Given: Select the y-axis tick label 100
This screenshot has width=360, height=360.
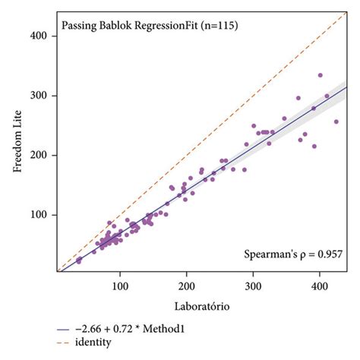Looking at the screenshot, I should [x=43, y=215].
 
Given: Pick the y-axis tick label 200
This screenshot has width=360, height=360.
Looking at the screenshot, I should [x=43, y=156].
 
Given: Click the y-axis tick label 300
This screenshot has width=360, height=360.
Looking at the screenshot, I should [x=43, y=96].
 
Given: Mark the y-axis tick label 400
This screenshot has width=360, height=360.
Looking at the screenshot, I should [x=43, y=36].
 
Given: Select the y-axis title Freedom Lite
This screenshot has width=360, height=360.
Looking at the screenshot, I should [x=17, y=150].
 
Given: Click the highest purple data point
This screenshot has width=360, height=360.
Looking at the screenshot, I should [x=320, y=75].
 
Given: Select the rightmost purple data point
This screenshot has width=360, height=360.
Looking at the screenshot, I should [x=336, y=122].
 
